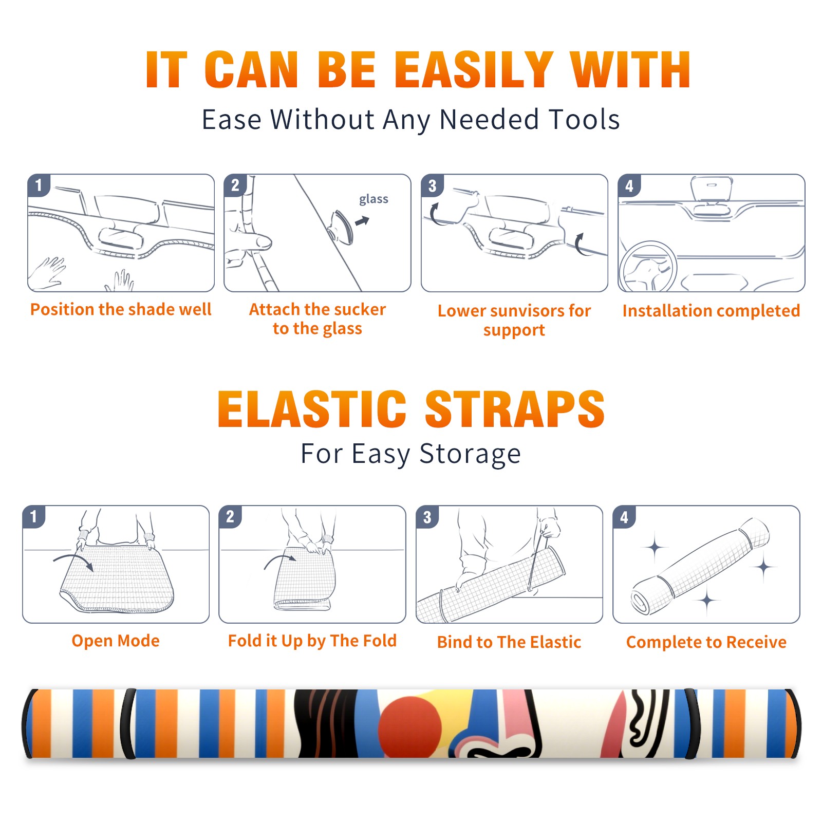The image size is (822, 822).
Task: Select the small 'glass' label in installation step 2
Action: coord(373,199)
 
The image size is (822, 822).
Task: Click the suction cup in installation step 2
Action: coord(341,227)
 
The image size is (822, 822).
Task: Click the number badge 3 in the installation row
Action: coord(432,185)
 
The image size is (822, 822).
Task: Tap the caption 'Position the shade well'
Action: coord(121,309)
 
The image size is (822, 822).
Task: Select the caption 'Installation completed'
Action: coord(711,310)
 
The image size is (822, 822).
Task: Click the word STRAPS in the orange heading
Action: coord(515,409)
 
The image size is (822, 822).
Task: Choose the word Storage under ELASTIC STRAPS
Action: coord(470,454)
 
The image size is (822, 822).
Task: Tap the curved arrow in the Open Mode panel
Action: coord(73,562)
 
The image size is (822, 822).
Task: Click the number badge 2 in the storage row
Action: coord(230,517)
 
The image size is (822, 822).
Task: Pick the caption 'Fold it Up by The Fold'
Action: coord(312,641)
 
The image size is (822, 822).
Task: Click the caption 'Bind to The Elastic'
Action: coord(509,642)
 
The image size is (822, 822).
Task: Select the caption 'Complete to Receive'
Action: coord(706,642)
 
